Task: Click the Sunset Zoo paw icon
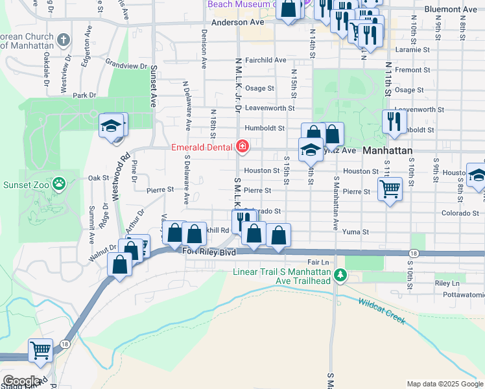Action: click(60, 184)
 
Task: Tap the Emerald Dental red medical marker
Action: click(242, 147)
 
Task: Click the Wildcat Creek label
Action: click(381, 311)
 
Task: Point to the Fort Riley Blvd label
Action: click(209, 252)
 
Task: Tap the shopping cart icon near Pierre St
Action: click(390, 189)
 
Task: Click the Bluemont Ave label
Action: click(450, 10)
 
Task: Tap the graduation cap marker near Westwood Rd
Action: click(112, 125)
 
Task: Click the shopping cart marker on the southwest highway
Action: click(41, 350)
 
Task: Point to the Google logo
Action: click(22, 381)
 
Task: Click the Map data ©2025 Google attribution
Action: click(445, 384)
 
